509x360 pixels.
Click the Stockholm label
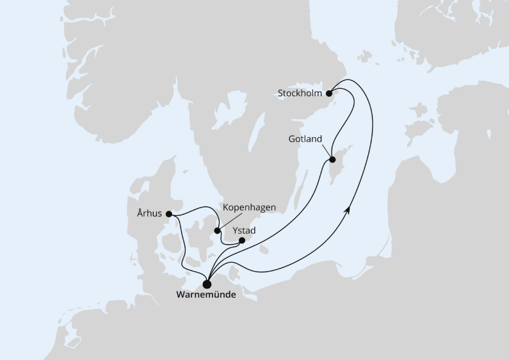coord(300,93)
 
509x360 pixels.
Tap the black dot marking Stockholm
coord(330,93)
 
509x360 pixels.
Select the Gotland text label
coord(305,139)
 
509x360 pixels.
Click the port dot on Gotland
coord(332,160)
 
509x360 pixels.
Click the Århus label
coord(149,214)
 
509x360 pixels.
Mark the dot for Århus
coord(169,214)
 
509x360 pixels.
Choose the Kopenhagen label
coord(249,208)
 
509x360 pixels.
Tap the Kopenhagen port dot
coord(218,231)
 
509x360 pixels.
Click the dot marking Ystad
coord(241,241)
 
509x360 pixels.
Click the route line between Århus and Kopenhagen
coord(198,209)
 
